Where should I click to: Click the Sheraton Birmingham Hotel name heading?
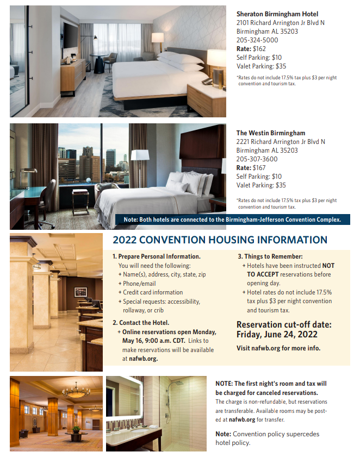click(277, 14)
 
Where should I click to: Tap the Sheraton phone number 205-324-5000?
click(257, 40)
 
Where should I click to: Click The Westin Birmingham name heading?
click(271, 133)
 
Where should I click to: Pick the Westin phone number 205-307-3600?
click(257, 159)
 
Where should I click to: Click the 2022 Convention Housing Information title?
click(220, 240)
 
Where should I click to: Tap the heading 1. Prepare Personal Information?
click(157, 256)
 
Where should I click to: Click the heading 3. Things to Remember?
click(270, 256)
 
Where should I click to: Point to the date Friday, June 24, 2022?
click(277, 335)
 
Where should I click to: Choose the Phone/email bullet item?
click(139, 284)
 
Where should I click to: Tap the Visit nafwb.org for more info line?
click(278, 348)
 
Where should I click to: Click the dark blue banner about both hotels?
click(233, 219)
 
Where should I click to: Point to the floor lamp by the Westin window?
click(140, 158)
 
